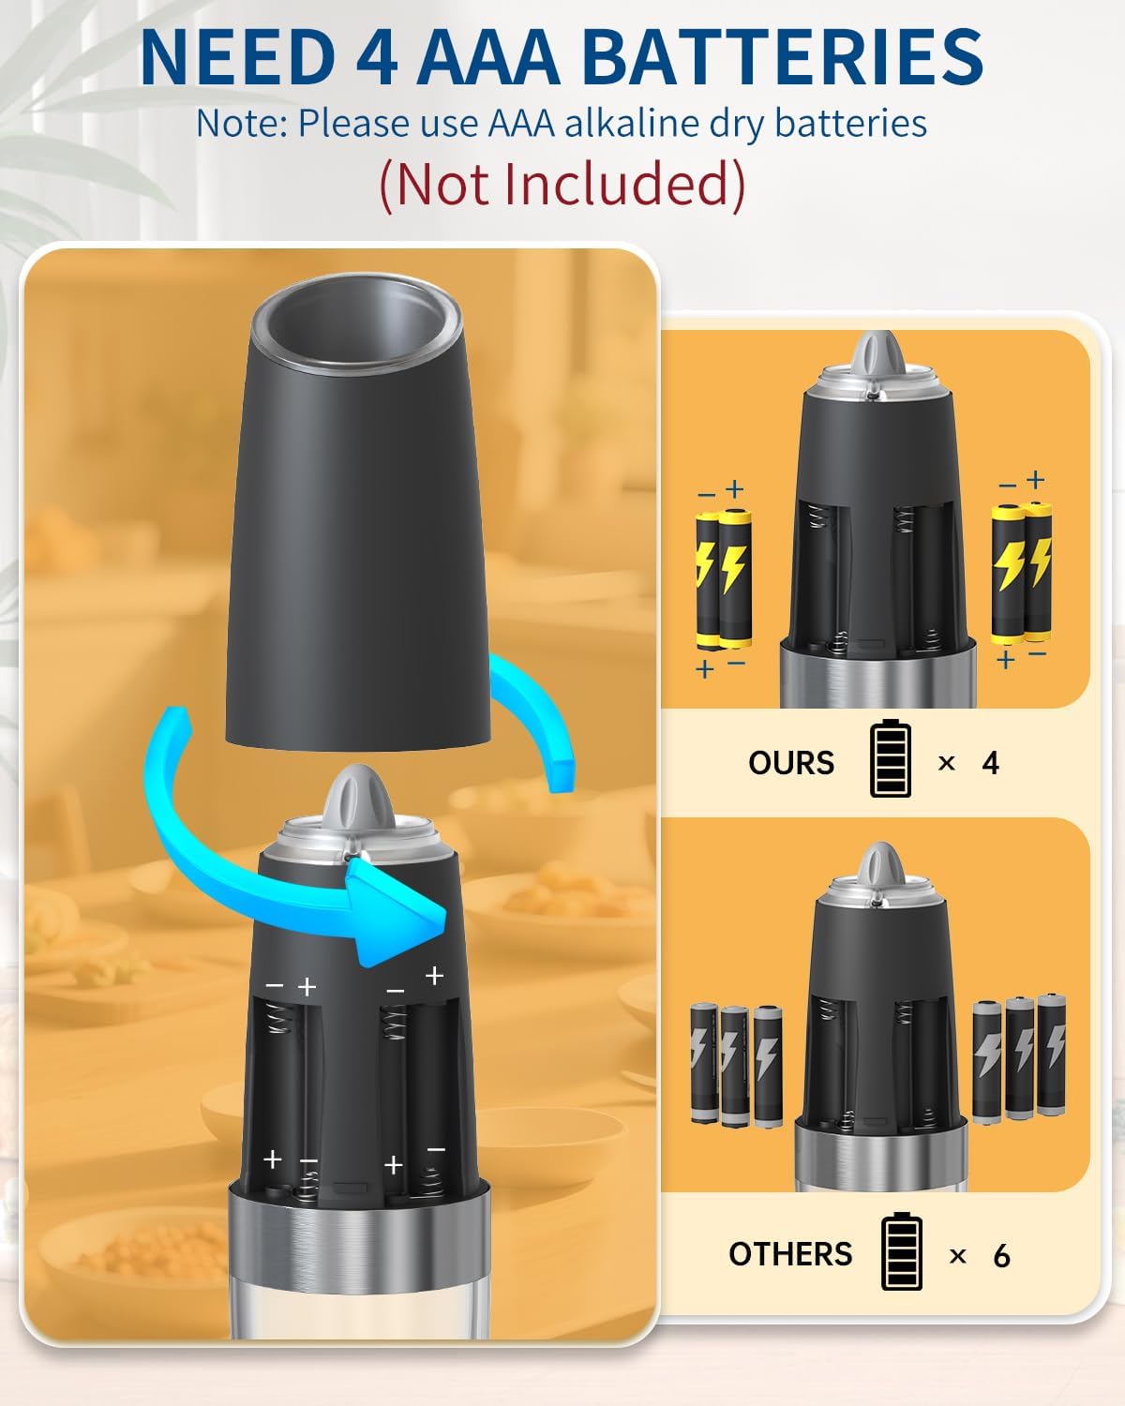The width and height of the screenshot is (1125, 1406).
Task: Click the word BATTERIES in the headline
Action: pyautogui.click(x=788, y=56)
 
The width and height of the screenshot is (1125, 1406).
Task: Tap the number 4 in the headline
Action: pyautogui.click(x=376, y=56)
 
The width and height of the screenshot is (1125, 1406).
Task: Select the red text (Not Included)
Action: pyautogui.click(x=562, y=183)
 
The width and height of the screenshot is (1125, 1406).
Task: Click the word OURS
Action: pyautogui.click(x=790, y=763)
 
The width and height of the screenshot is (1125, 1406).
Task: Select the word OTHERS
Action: pyautogui.click(x=790, y=1254)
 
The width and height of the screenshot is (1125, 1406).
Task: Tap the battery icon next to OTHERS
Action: pyautogui.click(x=902, y=1252)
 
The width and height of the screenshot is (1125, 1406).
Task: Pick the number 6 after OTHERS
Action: pyautogui.click(x=1001, y=1256)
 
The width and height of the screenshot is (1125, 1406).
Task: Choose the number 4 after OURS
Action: pyautogui.click(x=990, y=763)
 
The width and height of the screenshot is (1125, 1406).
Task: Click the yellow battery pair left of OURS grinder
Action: pyautogui.click(x=723, y=579)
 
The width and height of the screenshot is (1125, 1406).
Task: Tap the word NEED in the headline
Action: pyautogui.click(x=235, y=56)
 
